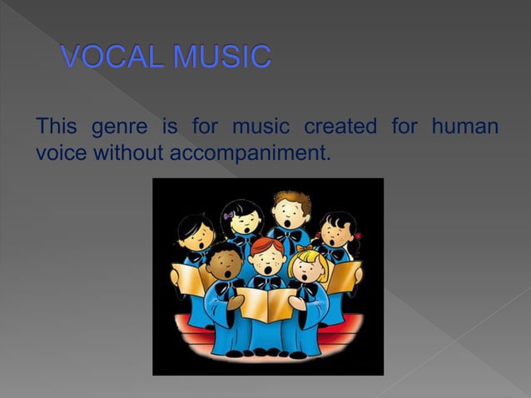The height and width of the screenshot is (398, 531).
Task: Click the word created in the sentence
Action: [340, 127]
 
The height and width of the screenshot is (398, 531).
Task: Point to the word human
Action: [464, 127]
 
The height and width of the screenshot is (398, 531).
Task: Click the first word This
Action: [57, 127]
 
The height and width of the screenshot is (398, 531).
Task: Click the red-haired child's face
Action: [267, 259]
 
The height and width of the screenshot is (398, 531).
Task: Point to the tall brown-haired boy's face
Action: [288, 215]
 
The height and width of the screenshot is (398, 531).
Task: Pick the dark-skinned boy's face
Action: [225, 265]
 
